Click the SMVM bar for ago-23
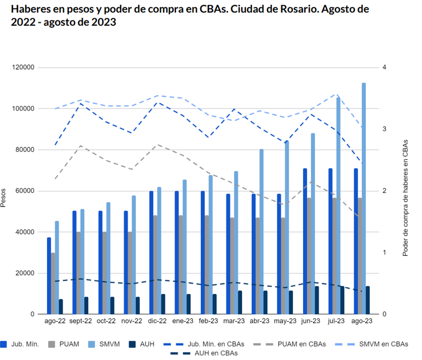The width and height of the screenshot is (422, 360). point(364,198)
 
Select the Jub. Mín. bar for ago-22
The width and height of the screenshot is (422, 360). point(49,276)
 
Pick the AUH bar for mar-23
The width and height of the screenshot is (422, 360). point(240,302)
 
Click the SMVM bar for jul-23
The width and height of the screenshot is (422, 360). point(338,206)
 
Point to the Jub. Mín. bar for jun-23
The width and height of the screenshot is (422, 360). point(305,241)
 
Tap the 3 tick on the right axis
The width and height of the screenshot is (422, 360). point(384,129)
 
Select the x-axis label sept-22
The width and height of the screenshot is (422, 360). point(81,321)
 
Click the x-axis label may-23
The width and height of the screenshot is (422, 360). point(285,321)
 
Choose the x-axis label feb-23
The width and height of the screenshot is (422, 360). point(208,321)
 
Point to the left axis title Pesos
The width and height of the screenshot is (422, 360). point(3,198)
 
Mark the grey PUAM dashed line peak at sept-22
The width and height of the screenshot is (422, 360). point(81,146)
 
